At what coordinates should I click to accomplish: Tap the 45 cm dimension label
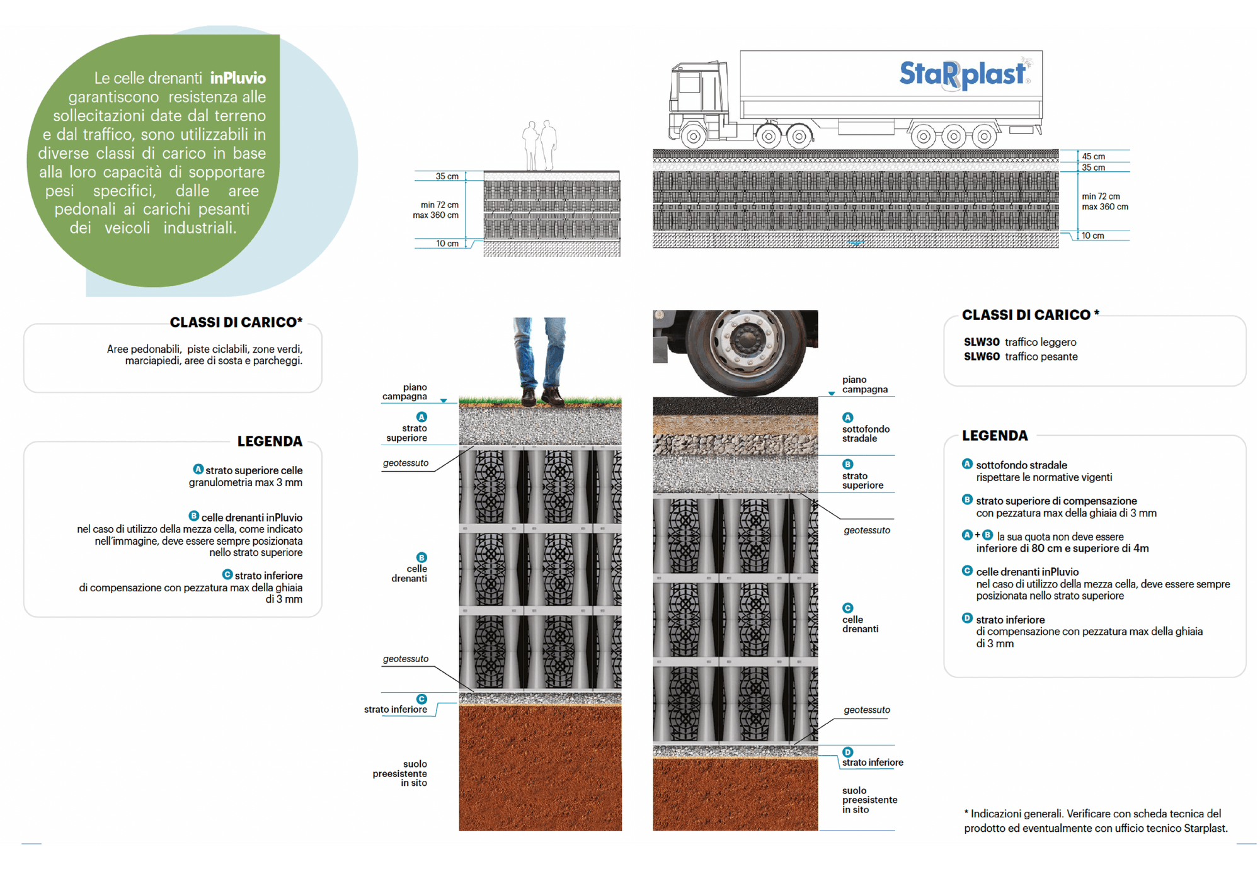pos(1093,156)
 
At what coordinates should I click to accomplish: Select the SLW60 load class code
pos(982,356)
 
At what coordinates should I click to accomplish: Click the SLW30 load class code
pos(982,342)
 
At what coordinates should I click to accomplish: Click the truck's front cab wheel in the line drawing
pos(693,135)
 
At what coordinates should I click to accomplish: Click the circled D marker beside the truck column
pos(847,752)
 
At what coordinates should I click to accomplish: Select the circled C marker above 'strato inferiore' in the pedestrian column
pos(421,699)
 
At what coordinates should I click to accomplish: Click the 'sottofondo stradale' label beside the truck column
pos(866,434)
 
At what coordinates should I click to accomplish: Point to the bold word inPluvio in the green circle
pos(238,78)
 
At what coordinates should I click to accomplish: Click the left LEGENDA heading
pos(270,441)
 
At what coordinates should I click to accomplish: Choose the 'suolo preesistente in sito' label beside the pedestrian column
pos(400,773)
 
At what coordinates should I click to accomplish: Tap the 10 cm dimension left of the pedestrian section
pos(447,244)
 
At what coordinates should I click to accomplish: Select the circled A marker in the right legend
pos(967,464)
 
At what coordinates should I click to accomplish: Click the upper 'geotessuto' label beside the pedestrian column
pos(405,463)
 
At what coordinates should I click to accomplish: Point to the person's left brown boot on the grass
pos(528,396)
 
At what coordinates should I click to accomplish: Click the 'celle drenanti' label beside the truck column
pos(860,624)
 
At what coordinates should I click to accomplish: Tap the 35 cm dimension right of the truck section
pos(1093,168)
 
